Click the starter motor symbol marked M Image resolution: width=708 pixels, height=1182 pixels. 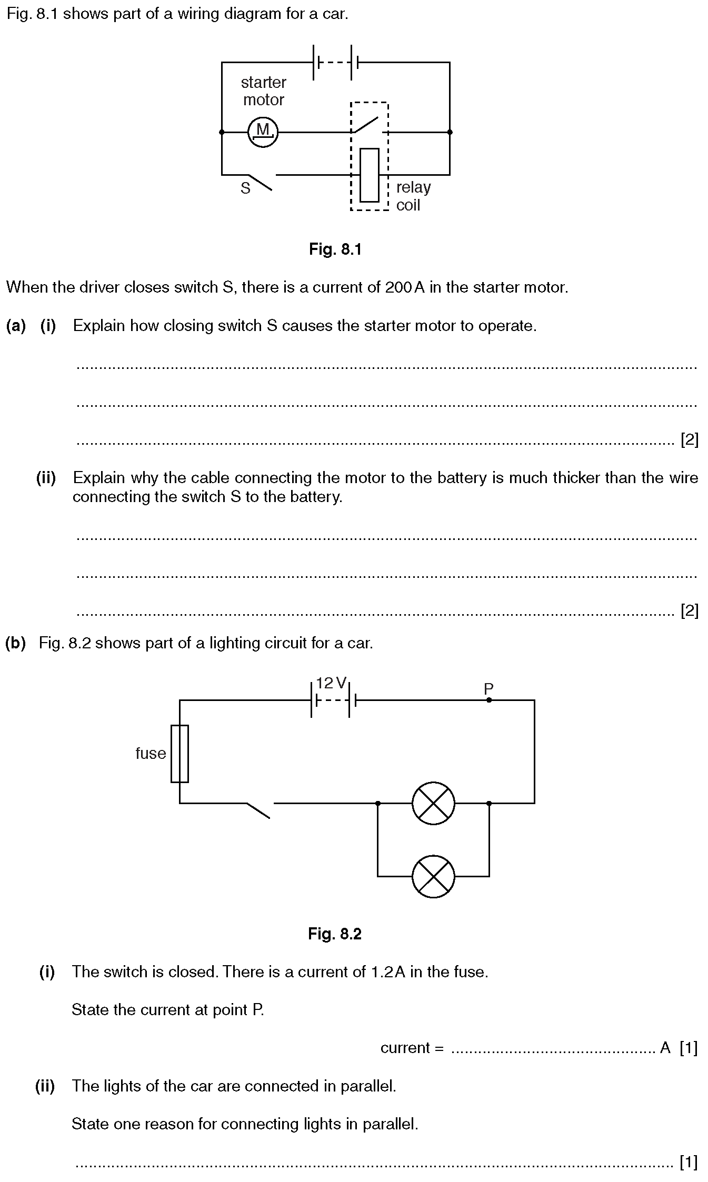(x=263, y=132)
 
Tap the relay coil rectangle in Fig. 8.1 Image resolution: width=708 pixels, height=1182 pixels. (x=369, y=175)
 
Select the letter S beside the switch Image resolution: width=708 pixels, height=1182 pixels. (x=245, y=188)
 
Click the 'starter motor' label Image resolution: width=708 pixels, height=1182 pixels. (x=263, y=91)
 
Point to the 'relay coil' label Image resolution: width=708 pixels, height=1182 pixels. (x=413, y=196)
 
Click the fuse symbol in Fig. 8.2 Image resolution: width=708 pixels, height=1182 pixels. (x=180, y=754)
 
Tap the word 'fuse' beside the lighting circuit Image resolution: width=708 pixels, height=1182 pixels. (x=151, y=753)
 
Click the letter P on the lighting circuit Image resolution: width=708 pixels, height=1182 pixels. (x=488, y=688)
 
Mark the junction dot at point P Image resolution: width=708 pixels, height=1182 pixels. (x=489, y=700)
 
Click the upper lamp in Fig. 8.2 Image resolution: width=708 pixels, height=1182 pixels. (x=433, y=803)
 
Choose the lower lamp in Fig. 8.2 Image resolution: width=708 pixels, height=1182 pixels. (x=433, y=876)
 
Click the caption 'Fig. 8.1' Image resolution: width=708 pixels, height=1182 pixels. (x=335, y=249)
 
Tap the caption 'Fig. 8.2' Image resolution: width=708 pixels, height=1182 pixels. (x=335, y=934)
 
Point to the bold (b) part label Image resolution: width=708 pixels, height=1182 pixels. (x=15, y=643)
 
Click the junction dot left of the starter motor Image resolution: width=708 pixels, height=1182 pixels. (x=222, y=132)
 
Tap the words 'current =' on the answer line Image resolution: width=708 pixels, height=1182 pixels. (x=412, y=1048)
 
